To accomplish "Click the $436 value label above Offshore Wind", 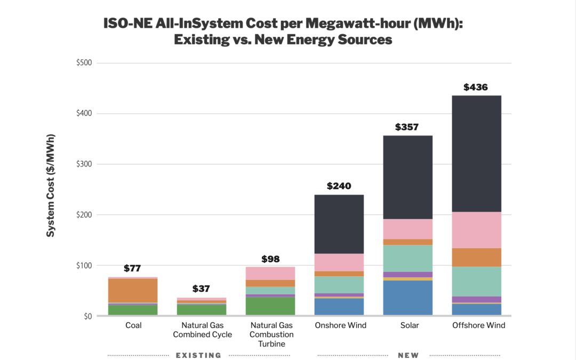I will click(x=476, y=87).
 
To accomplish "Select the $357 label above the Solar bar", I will click(x=407, y=127).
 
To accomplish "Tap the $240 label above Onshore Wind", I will click(x=339, y=186).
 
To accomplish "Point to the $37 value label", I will click(x=201, y=289).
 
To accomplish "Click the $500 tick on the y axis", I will click(x=84, y=63).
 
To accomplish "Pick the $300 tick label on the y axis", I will click(x=84, y=164).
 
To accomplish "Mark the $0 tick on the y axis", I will click(x=87, y=316).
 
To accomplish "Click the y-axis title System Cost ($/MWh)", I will click(x=51, y=186).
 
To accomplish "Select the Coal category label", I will click(x=133, y=325).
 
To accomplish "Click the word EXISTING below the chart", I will click(x=198, y=355).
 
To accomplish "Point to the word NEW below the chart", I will click(x=408, y=355).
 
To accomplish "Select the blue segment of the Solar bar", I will click(x=407, y=298).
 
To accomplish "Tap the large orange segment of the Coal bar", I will click(x=133, y=291).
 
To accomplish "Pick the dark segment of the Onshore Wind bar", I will click(x=339, y=224).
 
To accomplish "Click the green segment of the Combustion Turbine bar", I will click(x=270, y=306).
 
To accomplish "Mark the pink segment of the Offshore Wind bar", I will click(x=476, y=230).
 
